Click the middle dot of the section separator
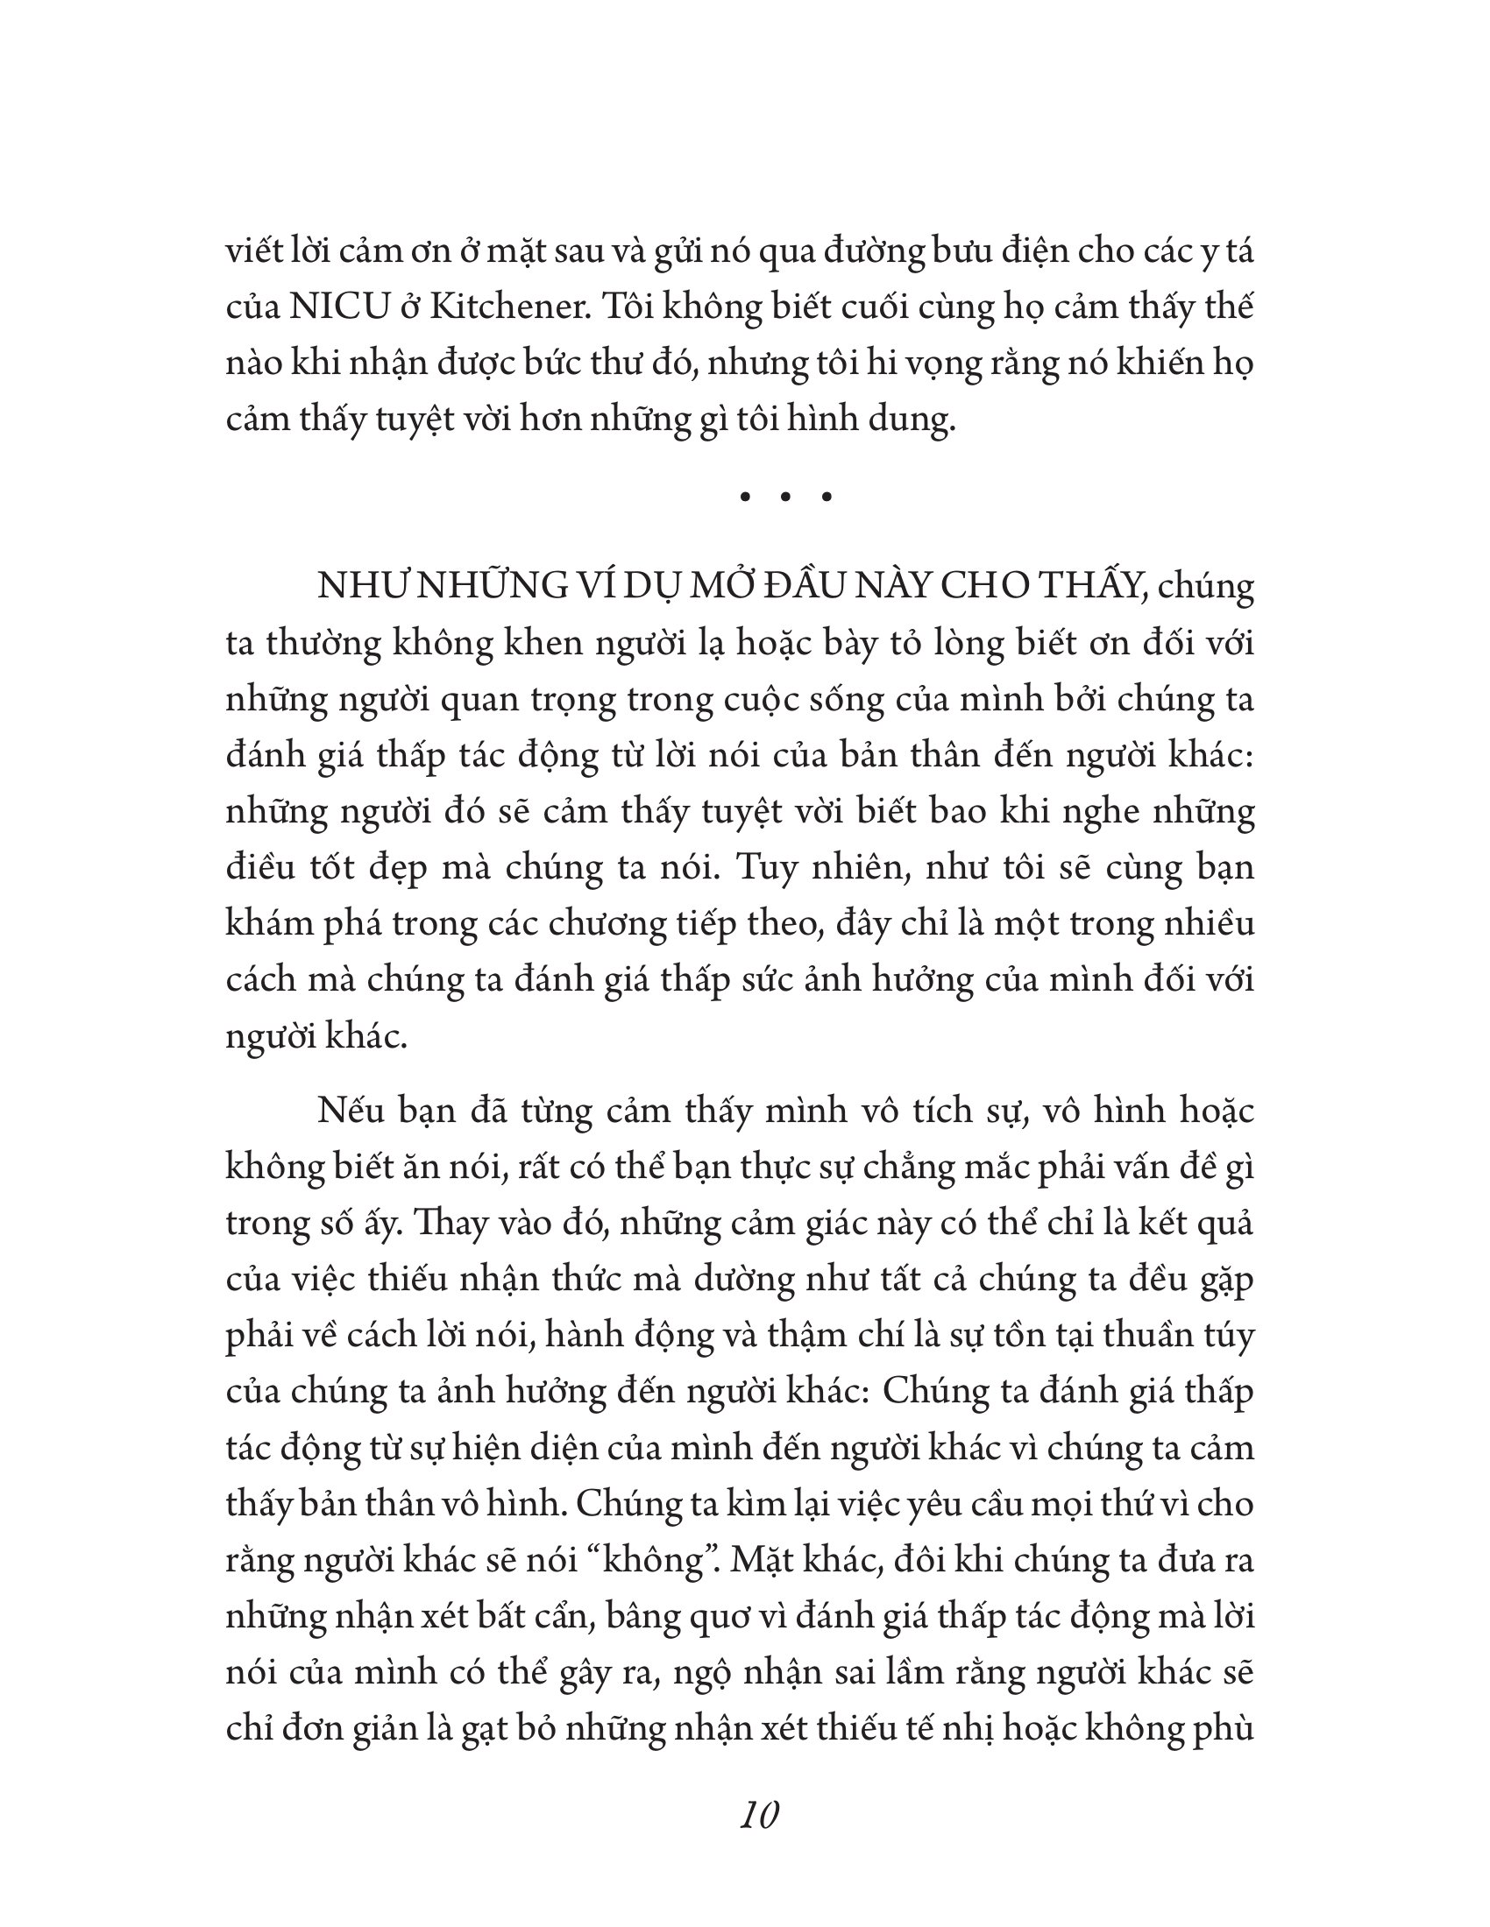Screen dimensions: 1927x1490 (x=785, y=498)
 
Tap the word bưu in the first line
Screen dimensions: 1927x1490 (x=951, y=252)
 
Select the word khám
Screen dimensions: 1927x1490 (x=265, y=923)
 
